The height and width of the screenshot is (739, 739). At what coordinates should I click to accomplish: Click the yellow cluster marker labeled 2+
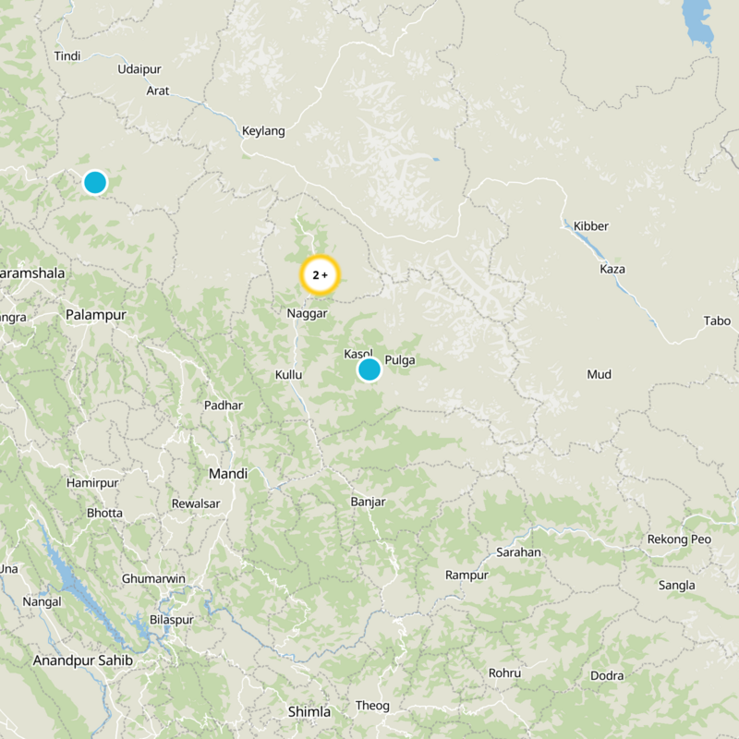coord(321,275)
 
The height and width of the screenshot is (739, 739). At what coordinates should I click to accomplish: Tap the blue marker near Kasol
coord(369,369)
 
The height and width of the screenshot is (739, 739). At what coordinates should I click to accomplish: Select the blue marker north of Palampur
coord(95,182)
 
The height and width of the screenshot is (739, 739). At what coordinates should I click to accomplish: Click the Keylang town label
coord(263,131)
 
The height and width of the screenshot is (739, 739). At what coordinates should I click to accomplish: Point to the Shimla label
coord(309,711)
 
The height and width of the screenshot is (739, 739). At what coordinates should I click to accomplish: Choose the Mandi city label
coord(228,474)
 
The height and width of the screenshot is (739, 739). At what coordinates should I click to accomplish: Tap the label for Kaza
coord(612,269)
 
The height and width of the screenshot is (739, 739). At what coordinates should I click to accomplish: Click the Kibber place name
coord(591,226)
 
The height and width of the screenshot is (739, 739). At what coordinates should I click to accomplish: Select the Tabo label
coord(716,321)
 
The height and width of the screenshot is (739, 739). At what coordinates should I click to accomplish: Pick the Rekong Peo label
coord(679,539)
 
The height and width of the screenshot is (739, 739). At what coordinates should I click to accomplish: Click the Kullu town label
coord(289,375)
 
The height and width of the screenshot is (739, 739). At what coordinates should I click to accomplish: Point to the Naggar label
coord(308,314)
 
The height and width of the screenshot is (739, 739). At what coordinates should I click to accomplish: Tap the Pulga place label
coord(399,360)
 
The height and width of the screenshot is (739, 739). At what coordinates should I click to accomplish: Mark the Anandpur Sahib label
coord(83,661)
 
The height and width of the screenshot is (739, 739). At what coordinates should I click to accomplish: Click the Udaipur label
coord(139,69)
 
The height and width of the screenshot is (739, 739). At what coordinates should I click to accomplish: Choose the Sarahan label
coord(518,552)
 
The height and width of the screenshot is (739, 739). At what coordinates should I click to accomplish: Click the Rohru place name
coord(505,673)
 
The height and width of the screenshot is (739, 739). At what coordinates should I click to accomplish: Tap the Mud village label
coord(600,374)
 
